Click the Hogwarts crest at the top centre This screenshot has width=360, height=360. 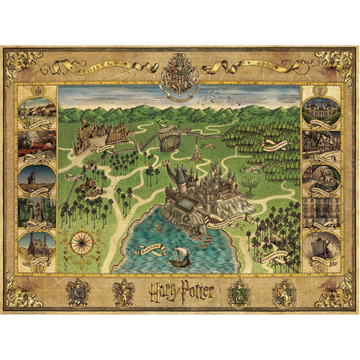coord(179,75)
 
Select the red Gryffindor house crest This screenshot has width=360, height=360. coord(123,292)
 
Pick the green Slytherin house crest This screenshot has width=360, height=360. coord(238,292)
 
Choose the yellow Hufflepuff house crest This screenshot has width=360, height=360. coord(284,292)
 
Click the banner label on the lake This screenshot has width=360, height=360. coord(143,248)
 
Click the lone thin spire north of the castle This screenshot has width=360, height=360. coord(196,149)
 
